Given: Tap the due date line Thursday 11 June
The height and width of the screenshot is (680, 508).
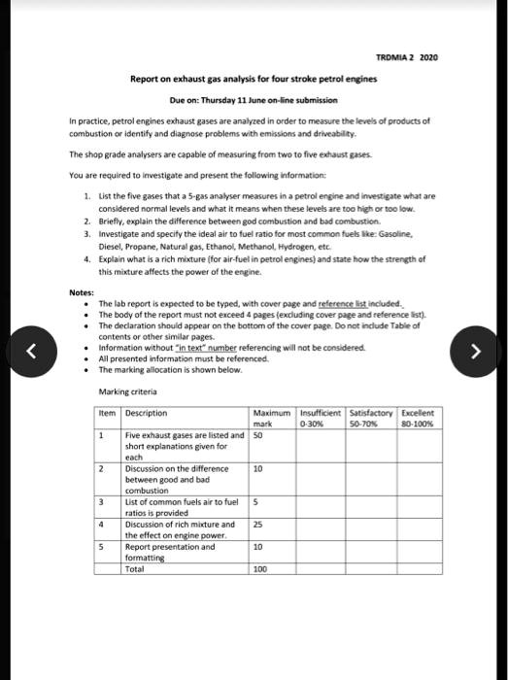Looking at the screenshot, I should click(x=253, y=100).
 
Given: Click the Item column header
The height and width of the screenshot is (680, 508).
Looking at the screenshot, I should click(x=109, y=413).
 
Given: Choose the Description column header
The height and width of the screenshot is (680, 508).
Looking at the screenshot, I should click(x=147, y=413).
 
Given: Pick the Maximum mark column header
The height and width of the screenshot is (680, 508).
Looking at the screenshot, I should click(x=271, y=419).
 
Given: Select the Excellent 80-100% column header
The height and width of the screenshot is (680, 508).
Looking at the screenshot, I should click(x=415, y=419).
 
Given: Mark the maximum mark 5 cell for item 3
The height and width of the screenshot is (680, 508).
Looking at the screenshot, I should click(x=256, y=501).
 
